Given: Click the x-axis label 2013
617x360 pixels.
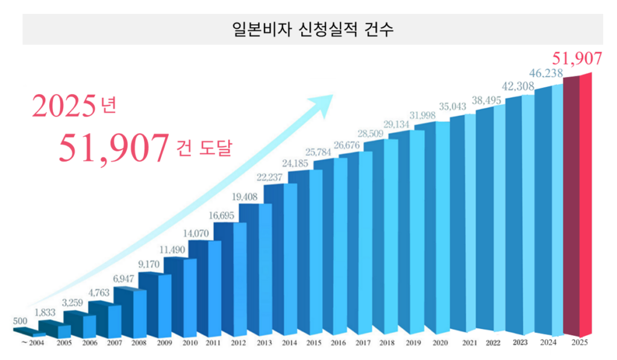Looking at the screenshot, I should (263, 343).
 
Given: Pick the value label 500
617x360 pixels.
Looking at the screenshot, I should (20, 320).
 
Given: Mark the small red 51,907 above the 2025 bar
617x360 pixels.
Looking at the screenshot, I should (577, 58).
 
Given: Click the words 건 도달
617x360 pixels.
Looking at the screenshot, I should (205, 148).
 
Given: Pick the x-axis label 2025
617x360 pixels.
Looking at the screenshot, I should (580, 343).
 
